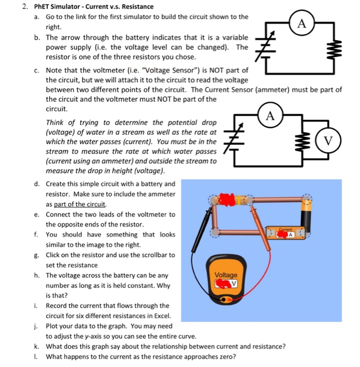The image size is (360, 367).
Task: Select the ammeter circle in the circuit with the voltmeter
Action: tap(270, 116)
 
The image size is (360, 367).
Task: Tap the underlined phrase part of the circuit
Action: tap(76, 204)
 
